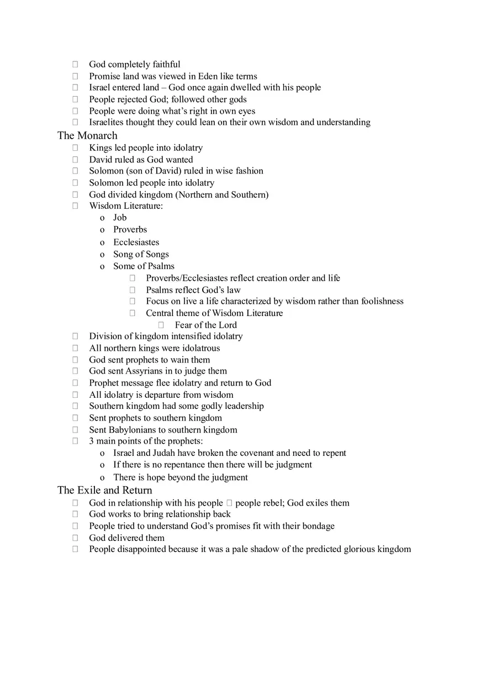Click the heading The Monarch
pos(87,135)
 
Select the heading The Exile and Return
pos(104,490)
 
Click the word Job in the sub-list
pos(120,218)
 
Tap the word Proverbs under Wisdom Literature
pos(130,229)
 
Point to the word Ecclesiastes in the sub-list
pos(136,242)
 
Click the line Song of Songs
pos(141,254)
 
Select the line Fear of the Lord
pos(205,325)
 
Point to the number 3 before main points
pos(92,441)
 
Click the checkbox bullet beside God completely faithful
pos(75,65)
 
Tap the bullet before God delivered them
pos(75,538)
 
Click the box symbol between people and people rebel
pos(229,503)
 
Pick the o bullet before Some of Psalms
pos(102,266)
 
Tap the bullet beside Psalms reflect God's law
pos(133,290)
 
